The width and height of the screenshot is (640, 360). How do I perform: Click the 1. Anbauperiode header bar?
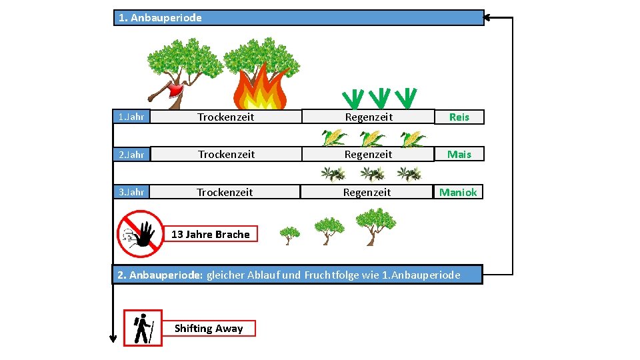click(298, 18)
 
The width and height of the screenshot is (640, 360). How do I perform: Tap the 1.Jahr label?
click(131, 117)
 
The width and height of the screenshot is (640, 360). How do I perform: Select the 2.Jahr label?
click(131, 155)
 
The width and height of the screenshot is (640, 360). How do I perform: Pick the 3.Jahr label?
click(131, 192)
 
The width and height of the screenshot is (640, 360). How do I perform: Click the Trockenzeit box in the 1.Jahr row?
click(226, 117)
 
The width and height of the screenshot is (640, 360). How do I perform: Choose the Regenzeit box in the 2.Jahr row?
click(368, 155)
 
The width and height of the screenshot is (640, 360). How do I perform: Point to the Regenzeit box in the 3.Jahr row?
click(367, 192)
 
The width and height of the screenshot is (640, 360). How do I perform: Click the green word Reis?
click(459, 117)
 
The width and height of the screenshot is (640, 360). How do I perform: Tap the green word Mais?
click(459, 155)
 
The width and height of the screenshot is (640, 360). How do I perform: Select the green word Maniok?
click(457, 192)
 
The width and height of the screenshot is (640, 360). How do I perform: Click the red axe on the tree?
click(175, 91)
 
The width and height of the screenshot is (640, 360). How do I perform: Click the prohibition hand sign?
click(140, 233)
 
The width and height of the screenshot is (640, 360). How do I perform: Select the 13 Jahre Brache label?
click(210, 234)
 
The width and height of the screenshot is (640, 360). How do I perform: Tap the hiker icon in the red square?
click(143, 328)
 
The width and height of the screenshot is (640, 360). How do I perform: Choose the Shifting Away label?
click(208, 328)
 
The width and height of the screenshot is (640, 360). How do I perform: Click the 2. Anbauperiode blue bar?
click(297, 275)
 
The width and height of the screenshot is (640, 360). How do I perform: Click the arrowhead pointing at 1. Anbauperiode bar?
click(488, 18)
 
